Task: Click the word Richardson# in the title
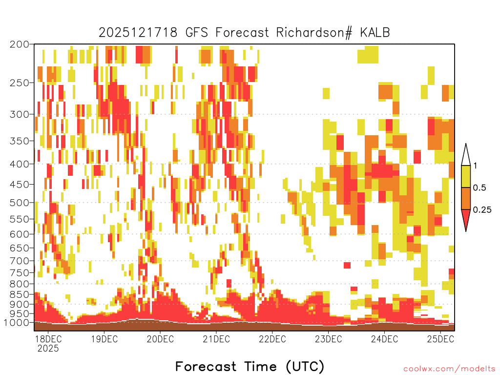(x=314, y=33)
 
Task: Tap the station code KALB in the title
(x=375, y=33)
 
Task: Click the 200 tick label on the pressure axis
(x=20, y=44)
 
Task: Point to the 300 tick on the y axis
(x=20, y=114)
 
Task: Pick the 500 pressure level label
(x=20, y=203)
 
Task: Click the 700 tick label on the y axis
(x=20, y=261)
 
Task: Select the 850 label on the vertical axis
(x=20, y=294)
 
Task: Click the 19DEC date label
(x=104, y=339)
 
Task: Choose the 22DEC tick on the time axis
(x=272, y=339)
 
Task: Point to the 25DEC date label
(x=440, y=339)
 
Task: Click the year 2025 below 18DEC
(x=48, y=349)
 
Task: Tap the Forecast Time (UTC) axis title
(x=250, y=366)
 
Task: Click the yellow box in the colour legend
(x=466, y=176)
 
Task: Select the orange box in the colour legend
(x=466, y=198)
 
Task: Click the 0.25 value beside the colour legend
(x=482, y=210)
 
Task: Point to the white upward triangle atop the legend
(x=466, y=155)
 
